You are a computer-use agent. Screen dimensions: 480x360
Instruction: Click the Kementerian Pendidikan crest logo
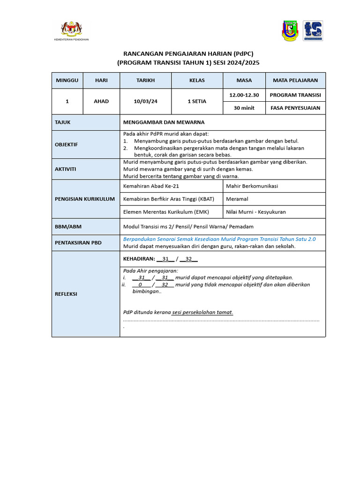[x=72, y=29]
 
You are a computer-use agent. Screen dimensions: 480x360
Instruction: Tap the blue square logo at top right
[x=313, y=31]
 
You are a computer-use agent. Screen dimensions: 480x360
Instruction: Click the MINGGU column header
[x=67, y=80]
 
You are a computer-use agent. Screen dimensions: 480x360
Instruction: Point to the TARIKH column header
[x=145, y=80]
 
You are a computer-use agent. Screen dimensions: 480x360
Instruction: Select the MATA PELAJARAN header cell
[x=295, y=80]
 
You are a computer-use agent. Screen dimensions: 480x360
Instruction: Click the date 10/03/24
[x=145, y=101]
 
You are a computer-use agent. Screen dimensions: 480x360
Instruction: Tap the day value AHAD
[x=101, y=101]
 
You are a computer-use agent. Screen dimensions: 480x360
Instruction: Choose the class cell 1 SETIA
[x=197, y=101]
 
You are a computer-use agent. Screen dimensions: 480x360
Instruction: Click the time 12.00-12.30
[x=244, y=95]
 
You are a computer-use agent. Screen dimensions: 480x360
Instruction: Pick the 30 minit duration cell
[x=244, y=108]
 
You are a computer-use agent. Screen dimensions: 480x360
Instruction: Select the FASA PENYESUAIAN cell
[x=295, y=108]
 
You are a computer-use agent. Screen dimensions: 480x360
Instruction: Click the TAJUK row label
[x=63, y=122]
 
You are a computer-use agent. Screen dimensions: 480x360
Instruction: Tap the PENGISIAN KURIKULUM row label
[x=85, y=199]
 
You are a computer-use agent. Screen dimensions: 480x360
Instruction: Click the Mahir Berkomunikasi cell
[x=252, y=186]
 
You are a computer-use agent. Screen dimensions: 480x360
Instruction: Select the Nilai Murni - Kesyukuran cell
[x=255, y=212]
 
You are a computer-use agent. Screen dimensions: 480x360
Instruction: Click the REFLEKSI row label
[x=66, y=294]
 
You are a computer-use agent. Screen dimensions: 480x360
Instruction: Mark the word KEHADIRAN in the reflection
[x=139, y=259]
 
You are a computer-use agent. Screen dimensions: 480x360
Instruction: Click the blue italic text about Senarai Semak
[x=219, y=239]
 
